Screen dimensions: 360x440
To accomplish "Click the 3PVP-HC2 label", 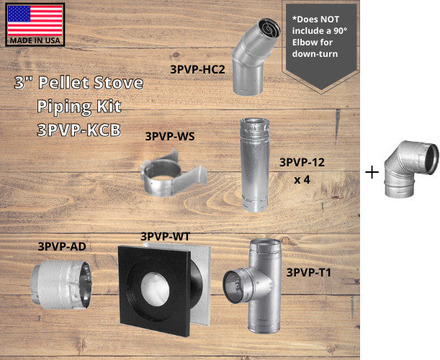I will click(x=198, y=70).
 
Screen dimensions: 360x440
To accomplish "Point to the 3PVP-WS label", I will click(x=170, y=135).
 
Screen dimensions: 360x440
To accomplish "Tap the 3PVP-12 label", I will click(x=302, y=163).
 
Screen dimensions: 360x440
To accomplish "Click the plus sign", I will click(x=372, y=172).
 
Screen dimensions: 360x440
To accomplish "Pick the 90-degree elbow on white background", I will click(x=410, y=169).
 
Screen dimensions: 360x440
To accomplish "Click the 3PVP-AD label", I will click(x=63, y=246).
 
